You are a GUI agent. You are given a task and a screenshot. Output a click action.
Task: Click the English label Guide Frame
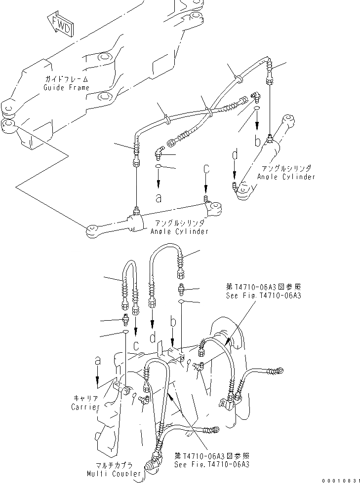[x=67, y=88]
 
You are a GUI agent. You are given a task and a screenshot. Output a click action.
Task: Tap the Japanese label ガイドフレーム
[x=67, y=79]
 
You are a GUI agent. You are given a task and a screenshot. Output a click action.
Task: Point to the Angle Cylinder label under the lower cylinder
[x=179, y=231]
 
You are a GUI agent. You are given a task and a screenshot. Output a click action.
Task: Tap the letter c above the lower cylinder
[x=207, y=169]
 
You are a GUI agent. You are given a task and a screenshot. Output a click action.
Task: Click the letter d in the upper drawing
[x=235, y=155]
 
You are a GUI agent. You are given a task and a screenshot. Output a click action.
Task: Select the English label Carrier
[x=85, y=408]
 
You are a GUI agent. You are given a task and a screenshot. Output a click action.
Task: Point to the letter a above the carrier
[x=98, y=362]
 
